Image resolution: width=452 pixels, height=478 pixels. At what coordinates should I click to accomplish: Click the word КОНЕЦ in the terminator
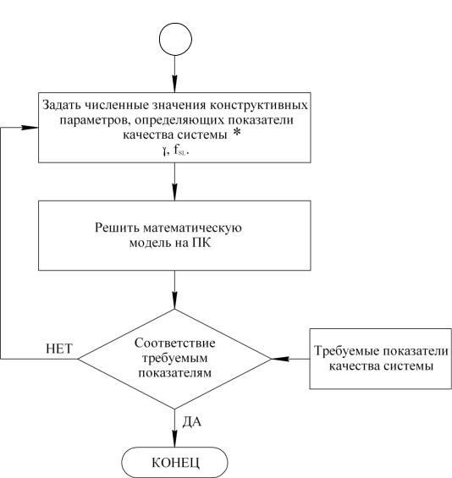pos(176,463)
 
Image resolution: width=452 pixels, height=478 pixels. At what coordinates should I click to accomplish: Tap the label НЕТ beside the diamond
pos(59,349)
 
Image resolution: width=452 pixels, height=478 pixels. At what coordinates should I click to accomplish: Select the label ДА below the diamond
pos(192,421)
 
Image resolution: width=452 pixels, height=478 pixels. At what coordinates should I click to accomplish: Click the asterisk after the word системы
pos(236,134)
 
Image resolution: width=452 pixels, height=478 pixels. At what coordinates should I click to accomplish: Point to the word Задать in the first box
pos(62,105)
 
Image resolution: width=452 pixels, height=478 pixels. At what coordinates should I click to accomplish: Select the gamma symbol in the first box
pos(165,151)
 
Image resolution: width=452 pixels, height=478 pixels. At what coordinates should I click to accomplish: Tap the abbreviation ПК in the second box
pos(201,244)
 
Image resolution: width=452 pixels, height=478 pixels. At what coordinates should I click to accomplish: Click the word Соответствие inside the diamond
pos(174,343)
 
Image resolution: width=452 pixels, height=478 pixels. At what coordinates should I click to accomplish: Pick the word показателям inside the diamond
pos(174,373)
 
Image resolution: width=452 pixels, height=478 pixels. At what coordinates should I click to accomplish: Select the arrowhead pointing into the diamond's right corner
pos(279,359)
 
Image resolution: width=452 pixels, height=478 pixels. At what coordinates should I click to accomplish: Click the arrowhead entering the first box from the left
pos(30,128)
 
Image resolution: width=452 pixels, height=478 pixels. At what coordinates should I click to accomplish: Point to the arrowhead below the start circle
pos(174,84)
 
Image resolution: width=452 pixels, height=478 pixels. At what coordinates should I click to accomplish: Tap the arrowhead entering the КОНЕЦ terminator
pos(174,439)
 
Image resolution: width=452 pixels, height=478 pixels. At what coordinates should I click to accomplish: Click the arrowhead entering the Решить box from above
pos(174,192)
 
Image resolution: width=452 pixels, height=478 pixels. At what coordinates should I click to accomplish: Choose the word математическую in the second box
pos(192,228)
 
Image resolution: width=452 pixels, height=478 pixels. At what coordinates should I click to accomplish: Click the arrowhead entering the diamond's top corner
pos(174,300)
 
